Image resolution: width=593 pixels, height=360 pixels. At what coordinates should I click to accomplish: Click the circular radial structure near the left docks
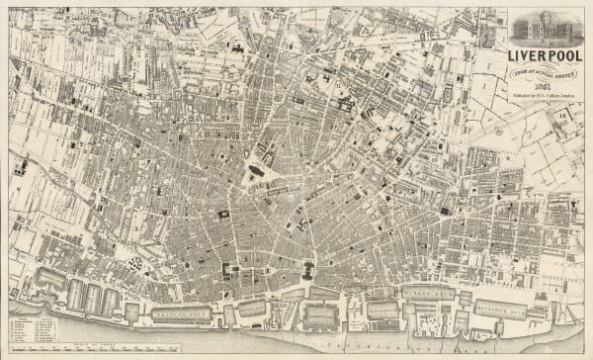pos(132,263)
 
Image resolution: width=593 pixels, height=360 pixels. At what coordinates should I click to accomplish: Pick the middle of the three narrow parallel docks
pos(93,297)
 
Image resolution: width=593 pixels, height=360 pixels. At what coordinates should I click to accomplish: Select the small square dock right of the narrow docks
pos(131,313)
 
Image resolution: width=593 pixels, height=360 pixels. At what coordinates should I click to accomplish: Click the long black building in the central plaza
pos(256,171)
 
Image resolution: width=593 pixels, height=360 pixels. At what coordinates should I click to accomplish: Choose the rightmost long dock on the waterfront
pos(499,311)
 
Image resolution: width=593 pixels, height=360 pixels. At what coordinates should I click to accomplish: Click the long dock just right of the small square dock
pos(180,315)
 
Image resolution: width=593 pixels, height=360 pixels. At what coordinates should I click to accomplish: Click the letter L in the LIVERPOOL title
pos(513,54)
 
